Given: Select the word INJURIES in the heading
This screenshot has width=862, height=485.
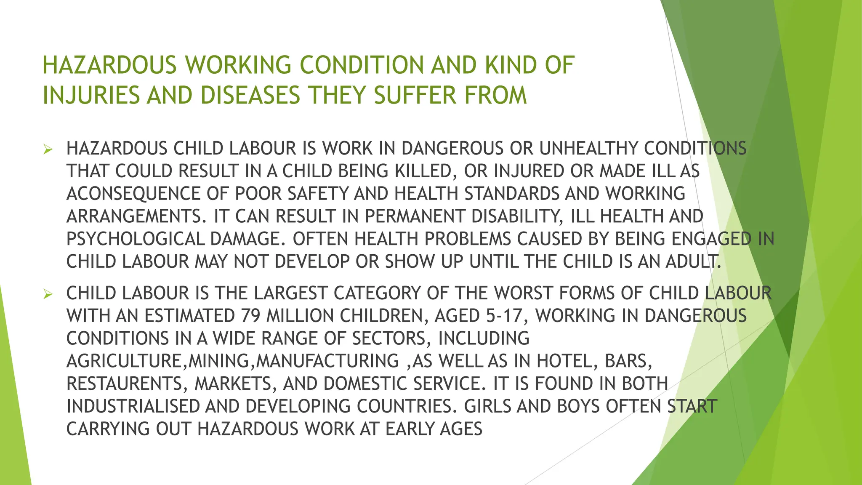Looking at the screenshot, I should tap(91, 95).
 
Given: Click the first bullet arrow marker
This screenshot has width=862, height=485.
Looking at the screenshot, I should tap(48, 149).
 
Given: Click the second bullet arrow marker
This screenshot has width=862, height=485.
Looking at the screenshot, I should tap(48, 294).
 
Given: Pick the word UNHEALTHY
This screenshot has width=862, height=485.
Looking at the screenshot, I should tap(589, 149).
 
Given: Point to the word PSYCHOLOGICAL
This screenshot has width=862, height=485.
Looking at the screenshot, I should tap(135, 240).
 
